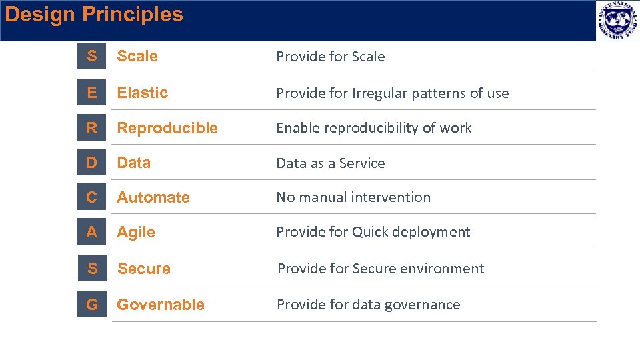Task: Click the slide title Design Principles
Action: click(x=93, y=15)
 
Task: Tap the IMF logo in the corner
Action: click(x=617, y=21)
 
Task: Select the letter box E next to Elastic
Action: click(x=91, y=93)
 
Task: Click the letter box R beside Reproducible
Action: click(x=91, y=128)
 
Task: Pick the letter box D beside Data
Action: click(x=91, y=163)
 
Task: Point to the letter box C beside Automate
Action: click(x=91, y=197)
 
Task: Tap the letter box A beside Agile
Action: click(x=91, y=232)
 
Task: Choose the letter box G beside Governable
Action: click(x=91, y=305)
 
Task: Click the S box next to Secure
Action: click(x=92, y=269)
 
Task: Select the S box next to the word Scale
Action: click(x=91, y=57)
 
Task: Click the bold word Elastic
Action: click(x=143, y=93)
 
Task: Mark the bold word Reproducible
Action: click(x=167, y=128)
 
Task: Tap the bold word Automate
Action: click(x=153, y=197)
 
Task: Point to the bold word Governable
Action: click(x=161, y=305)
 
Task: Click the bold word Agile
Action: click(x=136, y=233)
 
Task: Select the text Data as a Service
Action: click(x=331, y=163)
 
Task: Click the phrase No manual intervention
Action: click(x=353, y=197)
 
